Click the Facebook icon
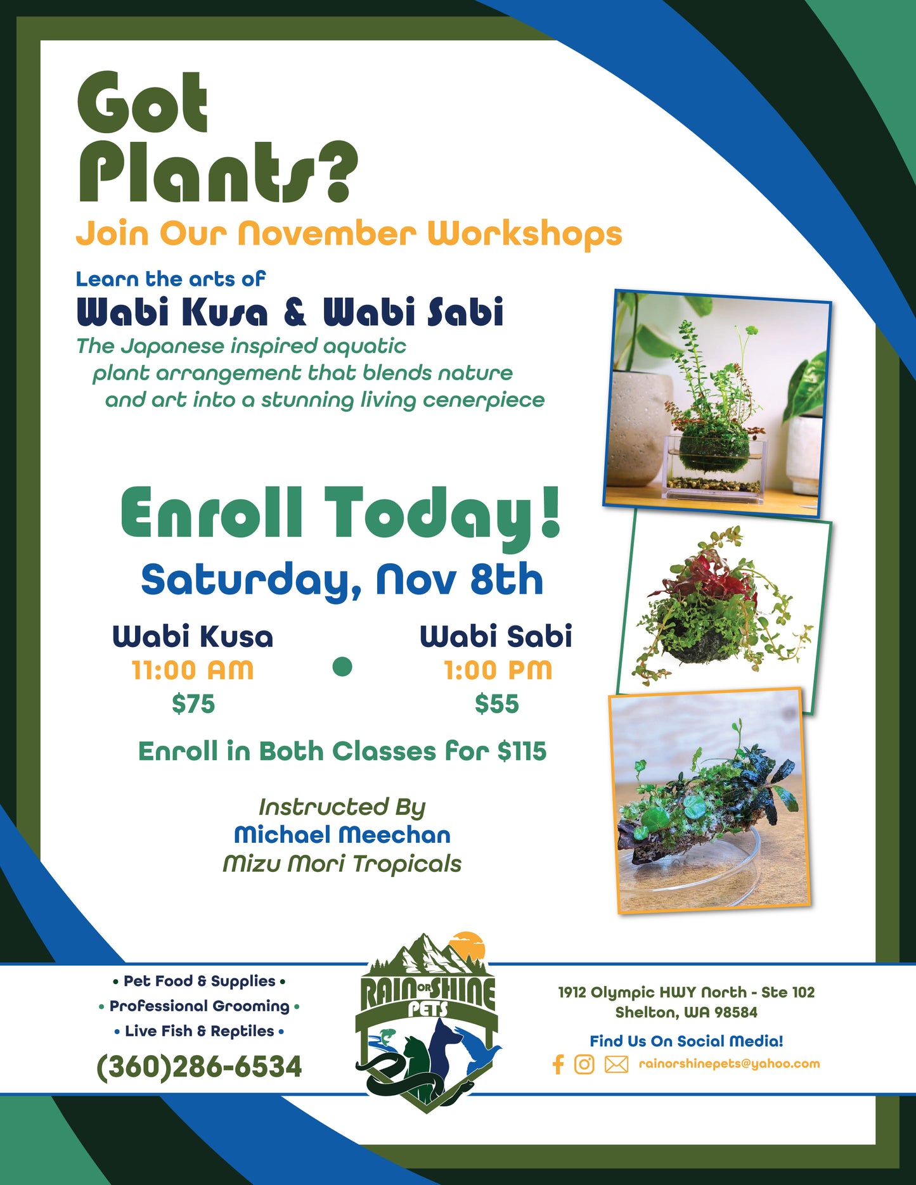coord(558,1064)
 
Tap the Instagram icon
coord(584,1064)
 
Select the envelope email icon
coord(616,1065)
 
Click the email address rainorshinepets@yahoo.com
coord(729,1064)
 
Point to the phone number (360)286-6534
coord(199,1066)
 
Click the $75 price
coord(193,703)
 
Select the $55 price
coord(497,703)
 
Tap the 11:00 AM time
coord(193,670)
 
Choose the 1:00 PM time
coord(498,670)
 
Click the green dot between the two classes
coord(342,667)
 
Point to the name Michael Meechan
coord(342,835)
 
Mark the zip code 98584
coord(736,1013)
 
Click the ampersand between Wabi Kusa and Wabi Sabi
coord(295,312)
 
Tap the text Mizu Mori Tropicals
coord(342,863)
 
